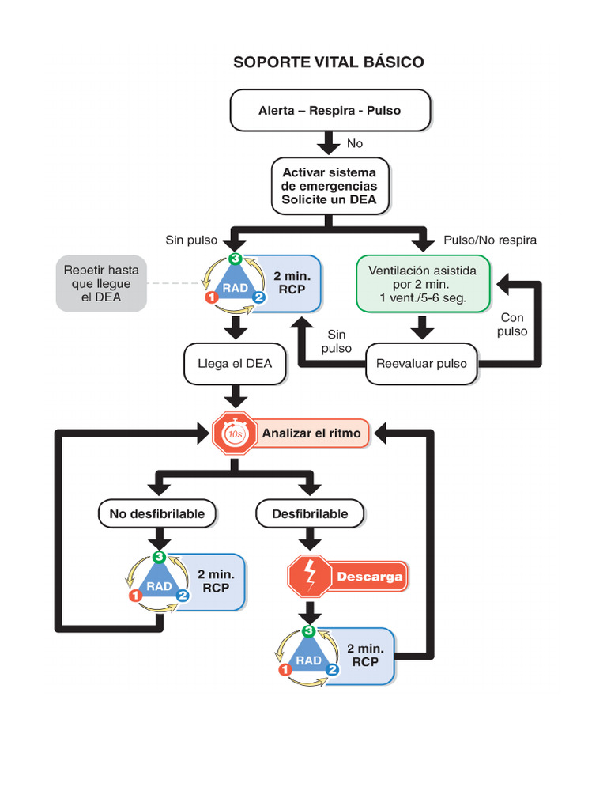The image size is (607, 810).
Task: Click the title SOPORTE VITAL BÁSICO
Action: (328, 62)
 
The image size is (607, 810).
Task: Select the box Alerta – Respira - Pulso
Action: (330, 110)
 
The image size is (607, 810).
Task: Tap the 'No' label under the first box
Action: (355, 144)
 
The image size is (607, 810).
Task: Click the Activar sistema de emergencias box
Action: (330, 186)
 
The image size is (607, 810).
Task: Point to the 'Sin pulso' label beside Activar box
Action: (191, 240)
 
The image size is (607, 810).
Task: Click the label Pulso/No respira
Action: (490, 240)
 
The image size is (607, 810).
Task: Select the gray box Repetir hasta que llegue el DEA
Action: (101, 283)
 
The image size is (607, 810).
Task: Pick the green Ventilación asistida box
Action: (423, 284)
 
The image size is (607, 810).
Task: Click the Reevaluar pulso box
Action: (421, 364)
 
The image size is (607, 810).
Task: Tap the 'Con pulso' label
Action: (512, 324)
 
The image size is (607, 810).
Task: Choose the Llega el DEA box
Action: (235, 364)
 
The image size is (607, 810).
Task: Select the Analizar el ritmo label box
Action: (311, 433)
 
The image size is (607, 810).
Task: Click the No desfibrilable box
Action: (157, 514)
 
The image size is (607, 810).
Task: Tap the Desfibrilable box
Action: (310, 514)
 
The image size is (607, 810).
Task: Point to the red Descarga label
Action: (369, 577)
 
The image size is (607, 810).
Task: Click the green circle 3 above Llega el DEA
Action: (235, 259)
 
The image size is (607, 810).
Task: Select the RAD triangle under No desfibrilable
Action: (159, 585)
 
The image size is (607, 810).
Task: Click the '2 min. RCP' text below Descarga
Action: (365, 655)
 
